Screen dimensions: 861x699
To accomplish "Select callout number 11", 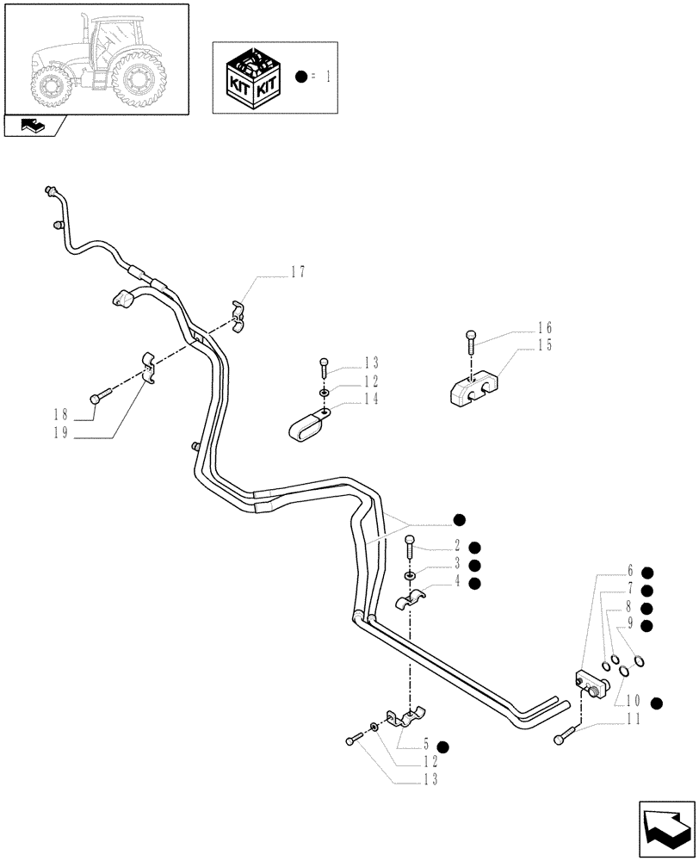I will [x=634, y=722].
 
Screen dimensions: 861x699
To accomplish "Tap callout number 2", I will [x=460, y=546].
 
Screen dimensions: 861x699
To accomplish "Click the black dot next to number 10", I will [x=657, y=703].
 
